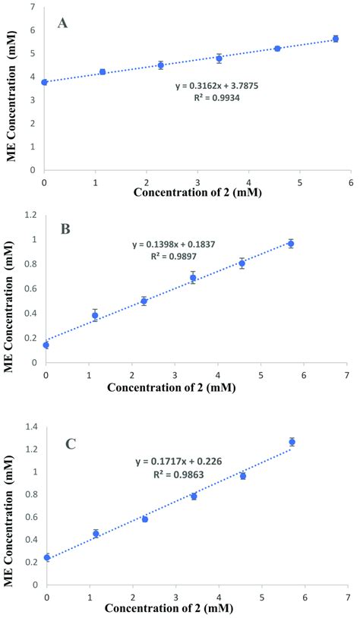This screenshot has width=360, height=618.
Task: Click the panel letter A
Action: tap(64, 23)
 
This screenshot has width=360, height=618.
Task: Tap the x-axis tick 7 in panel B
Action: tap(346, 375)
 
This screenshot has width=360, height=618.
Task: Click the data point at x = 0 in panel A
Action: tap(45, 82)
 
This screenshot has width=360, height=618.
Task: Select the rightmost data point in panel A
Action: tap(335, 39)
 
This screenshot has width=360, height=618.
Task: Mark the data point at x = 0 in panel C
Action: tap(47, 557)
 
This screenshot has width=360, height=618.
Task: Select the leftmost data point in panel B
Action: tap(46, 345)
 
